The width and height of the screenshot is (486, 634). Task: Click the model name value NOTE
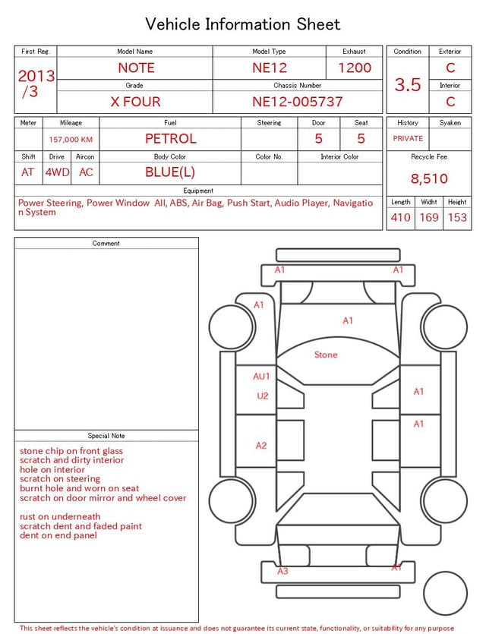point(136,68)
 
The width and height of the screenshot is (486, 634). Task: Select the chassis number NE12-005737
point(298,102)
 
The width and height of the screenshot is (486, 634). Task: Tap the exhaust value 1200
point(355,68)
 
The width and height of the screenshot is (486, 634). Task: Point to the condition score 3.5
point(408,85)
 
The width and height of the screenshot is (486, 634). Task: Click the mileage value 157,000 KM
point(71,140)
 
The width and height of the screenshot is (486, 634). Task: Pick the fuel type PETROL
point(171,139)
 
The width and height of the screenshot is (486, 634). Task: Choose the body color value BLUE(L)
point(170,172)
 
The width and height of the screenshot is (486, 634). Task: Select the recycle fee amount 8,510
point(429,178)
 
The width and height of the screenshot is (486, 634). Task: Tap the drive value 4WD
point(57,172)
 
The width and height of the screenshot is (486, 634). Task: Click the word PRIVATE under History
point(408,139)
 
